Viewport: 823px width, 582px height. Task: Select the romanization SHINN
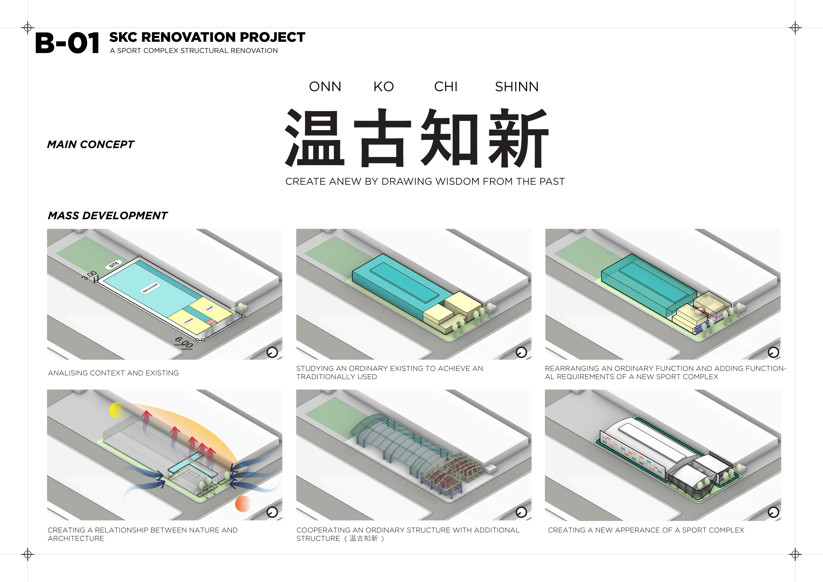click(x=517, y=87)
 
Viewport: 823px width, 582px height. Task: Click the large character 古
click(x=382, y=138)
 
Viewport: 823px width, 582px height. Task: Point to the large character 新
click(x=518, y=138)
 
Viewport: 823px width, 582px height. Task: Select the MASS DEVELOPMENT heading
click(x=107, y=215)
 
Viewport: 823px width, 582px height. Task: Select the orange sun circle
click(x=243, y=504)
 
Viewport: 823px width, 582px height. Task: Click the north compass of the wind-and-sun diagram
click(x=272, y=513)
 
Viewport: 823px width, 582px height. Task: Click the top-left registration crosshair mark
click(x=28, y=28)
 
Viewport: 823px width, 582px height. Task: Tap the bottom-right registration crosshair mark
click(x=795, y=554)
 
